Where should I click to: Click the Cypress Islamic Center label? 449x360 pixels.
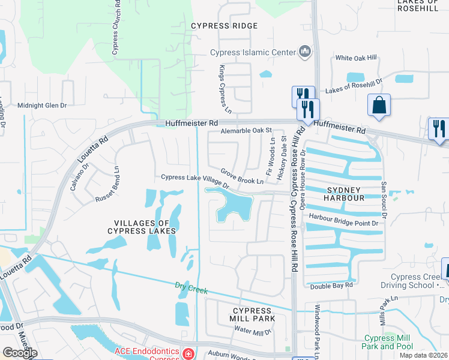click(x=253, y=52)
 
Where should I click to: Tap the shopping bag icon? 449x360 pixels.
click(x=379, y=105)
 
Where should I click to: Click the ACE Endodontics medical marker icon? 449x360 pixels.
click(x=188, y=353)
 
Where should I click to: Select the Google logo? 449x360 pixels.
click(x=20, y=353)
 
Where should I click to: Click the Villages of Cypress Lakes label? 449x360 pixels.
click(x=142, y=227)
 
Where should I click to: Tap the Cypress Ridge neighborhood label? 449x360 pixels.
click(x=224, y=26)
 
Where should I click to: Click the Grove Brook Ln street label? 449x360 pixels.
click(x=241, y=176)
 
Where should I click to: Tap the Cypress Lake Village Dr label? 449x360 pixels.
click(x=195, y=181)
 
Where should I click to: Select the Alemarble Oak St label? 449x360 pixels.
click(x=246, y=130)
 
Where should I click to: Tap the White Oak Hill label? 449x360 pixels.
click(x=356, y=58)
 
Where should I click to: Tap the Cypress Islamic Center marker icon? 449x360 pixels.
click(x=305, y=52)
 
